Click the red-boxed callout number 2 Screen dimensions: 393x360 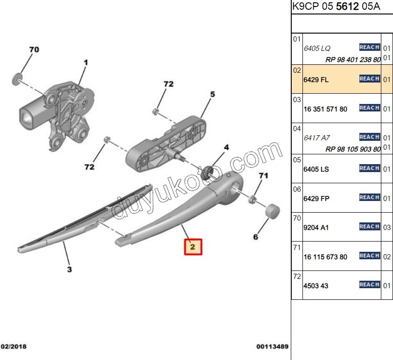pos(193,247)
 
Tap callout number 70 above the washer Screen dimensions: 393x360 pos(34,49)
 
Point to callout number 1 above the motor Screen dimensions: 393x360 pos(86,62)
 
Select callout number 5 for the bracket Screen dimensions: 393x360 pos(212,94)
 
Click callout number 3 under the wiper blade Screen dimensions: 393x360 pos(70,270)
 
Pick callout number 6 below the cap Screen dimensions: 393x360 pos(255,237)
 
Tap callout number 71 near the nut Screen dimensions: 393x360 pos(263,176)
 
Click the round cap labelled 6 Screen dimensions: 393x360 pos(272,211)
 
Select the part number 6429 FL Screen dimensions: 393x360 pos(316,80)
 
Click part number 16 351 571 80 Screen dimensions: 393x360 pos(325,109)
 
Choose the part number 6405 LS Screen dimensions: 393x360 pos(316,169)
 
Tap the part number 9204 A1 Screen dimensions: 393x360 pos(316,228)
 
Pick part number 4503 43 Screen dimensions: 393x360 pos(316,286)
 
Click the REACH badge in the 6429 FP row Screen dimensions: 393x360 pos(370,197)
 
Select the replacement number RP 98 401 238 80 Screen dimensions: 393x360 pos(353,60)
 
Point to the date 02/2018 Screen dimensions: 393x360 pos(14,346)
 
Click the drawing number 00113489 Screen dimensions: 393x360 pos(272,346)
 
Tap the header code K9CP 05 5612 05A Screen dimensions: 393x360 pos(336,6)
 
